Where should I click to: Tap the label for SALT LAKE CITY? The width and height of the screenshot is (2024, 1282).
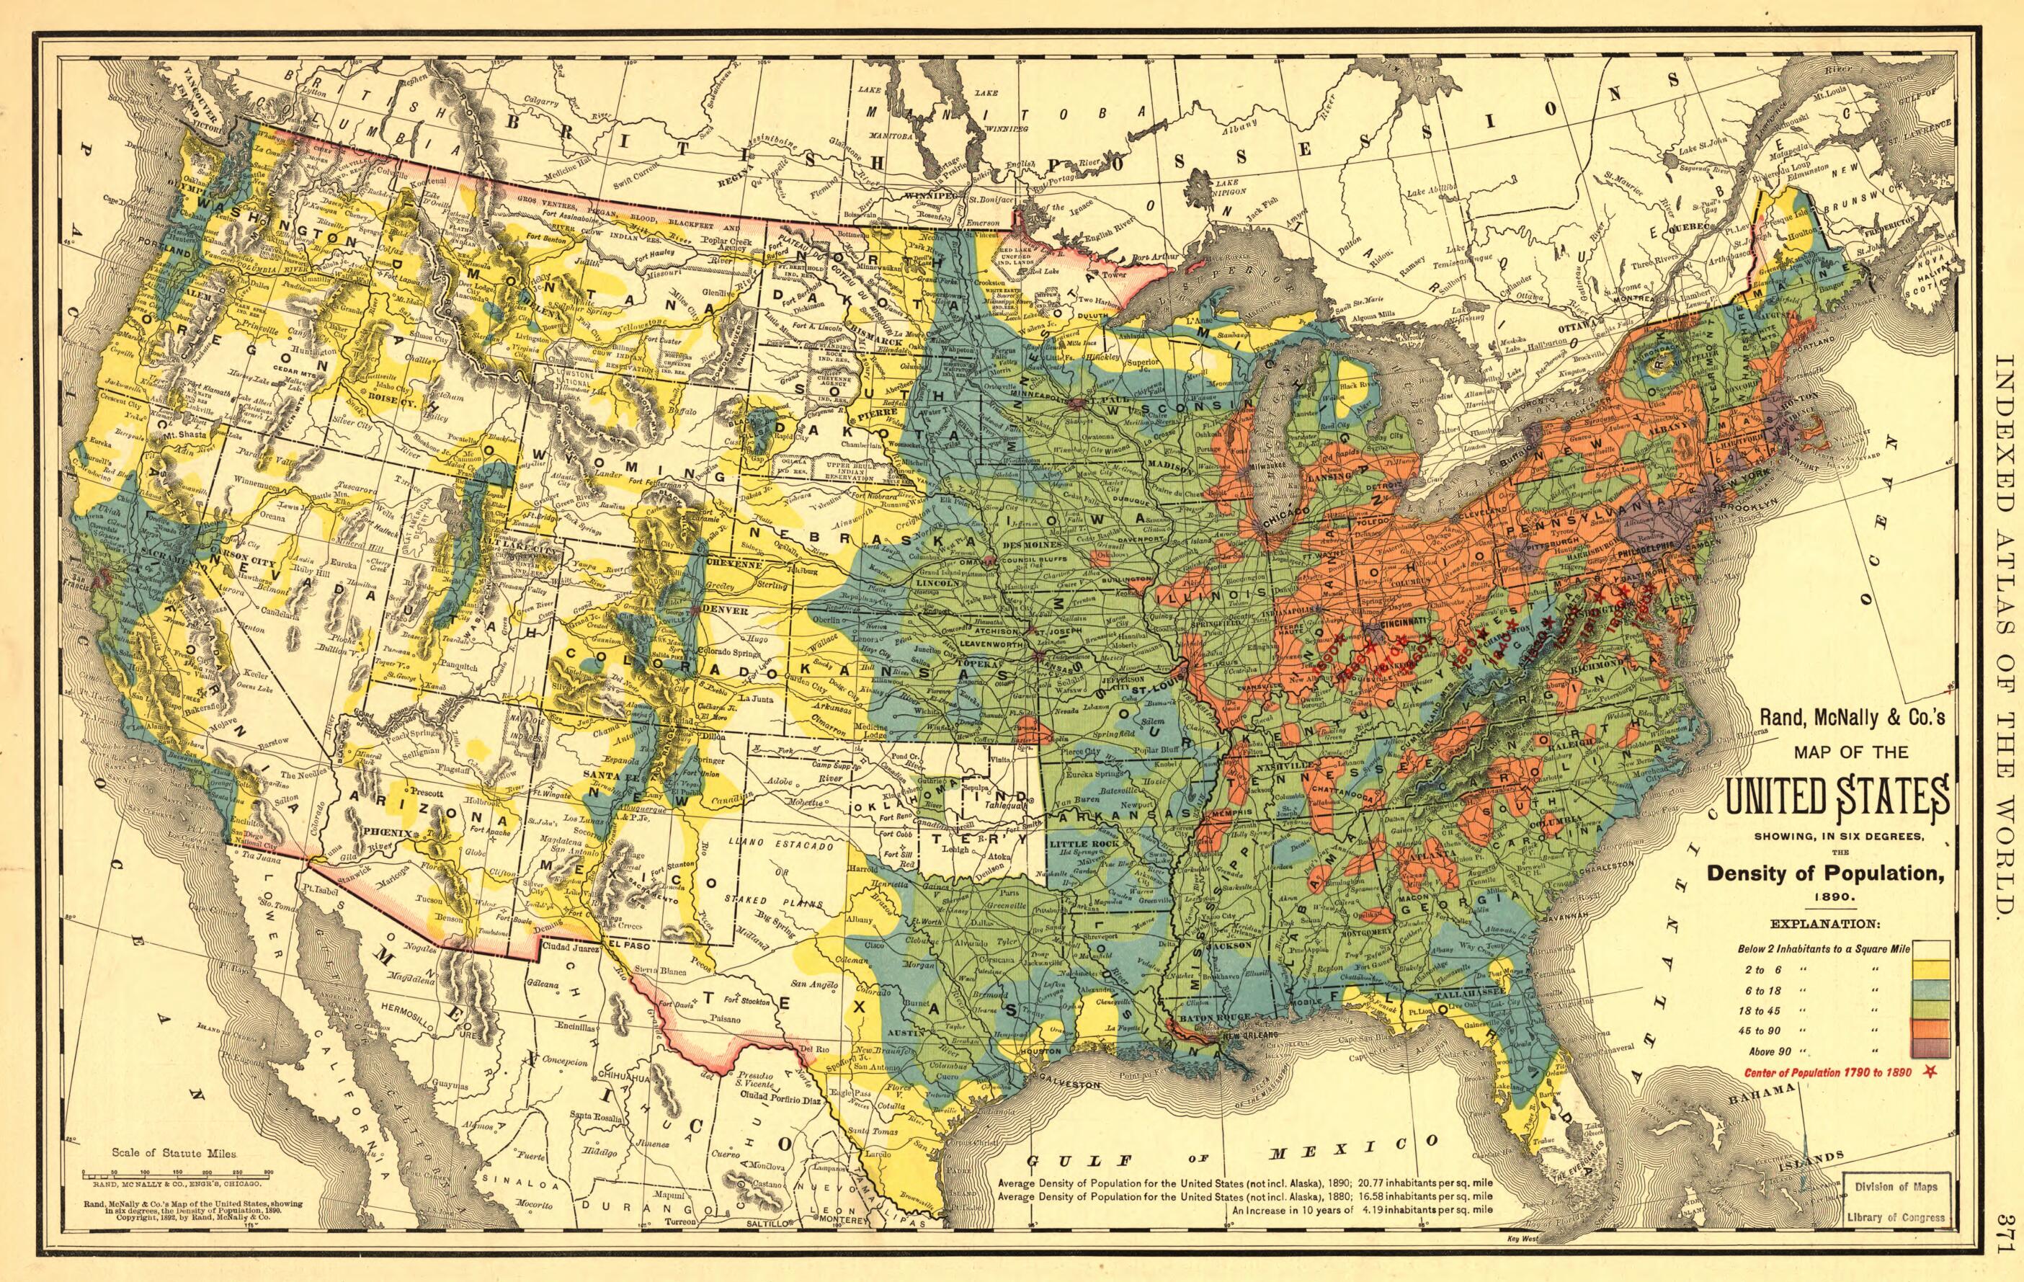click(530, 548)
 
